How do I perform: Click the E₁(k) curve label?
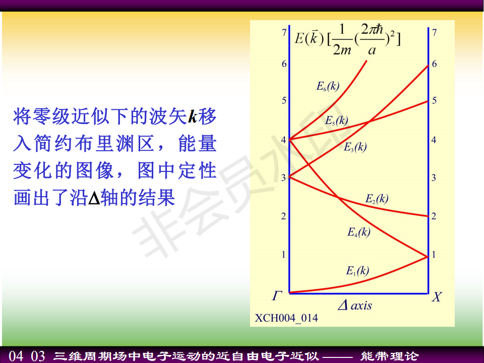pos(357,271)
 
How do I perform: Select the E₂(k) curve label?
pos(377,199)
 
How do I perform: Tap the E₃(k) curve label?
pos(355,147)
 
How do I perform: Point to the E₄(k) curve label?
pos(358,232)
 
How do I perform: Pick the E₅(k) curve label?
pos(336,120)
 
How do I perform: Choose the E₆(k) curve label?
pos(328,86)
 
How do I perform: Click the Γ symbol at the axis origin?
pos(277,296)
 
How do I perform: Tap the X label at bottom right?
pos(437,297)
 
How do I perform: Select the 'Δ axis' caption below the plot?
pos(355,306)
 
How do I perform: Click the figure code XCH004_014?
pos(286,318)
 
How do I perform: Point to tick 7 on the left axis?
pos(284,32)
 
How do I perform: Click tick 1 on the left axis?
pos(284,255)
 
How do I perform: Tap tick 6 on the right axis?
pos(434,64)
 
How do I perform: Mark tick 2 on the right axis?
pos(434,216)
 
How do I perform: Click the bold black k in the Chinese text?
pos(193,116)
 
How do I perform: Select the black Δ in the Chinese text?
pos(94,198)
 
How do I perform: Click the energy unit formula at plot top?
pos(347,39)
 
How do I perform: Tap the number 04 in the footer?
pos(16,356)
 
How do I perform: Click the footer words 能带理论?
pos(389,356)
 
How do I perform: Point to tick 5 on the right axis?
pos(434,100)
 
